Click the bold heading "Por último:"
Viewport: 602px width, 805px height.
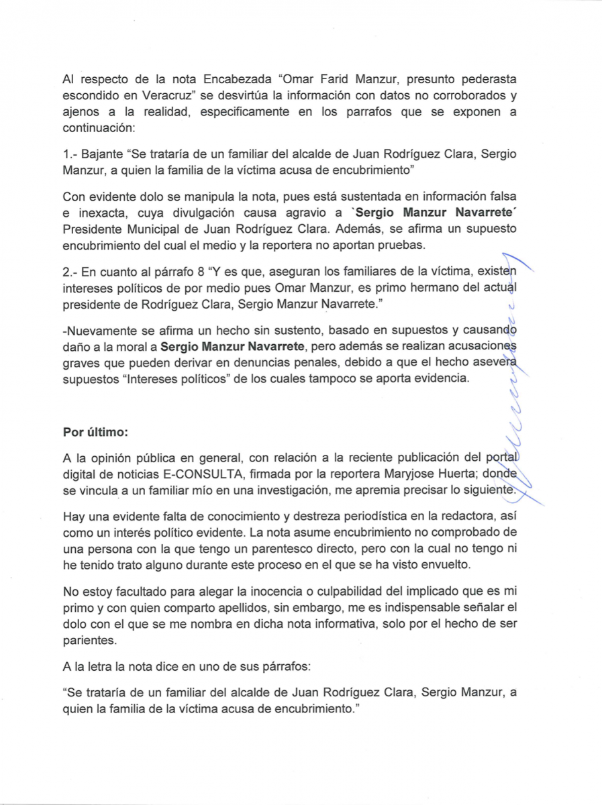[95, 432]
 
